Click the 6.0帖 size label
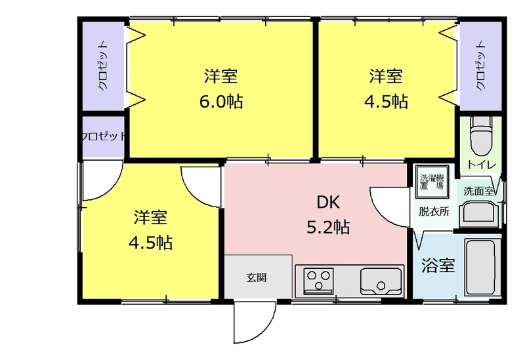pos(221,101)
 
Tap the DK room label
pos(328,203)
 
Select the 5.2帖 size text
pos(328,227)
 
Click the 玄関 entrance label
pos(257,277)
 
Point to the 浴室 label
pos(438,266)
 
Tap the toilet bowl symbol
pos(482,136)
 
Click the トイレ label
pos(482,165)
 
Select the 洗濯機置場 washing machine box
pos(432,182)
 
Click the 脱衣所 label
pos(434,211)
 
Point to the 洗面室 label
pos(478,191)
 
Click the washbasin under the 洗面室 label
pos(479,214)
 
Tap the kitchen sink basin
pos(381,281)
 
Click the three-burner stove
pos(318,281)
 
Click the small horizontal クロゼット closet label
pos(104,136)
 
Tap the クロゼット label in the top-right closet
pos(480,66)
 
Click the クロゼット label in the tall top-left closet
pos(103,66)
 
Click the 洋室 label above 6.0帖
pos(221,76)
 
